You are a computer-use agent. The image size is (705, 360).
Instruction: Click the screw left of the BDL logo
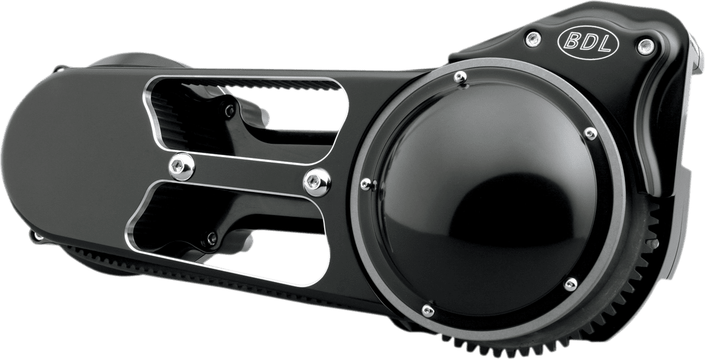[533, 39]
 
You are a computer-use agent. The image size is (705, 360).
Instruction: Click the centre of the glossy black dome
[485, 200]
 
